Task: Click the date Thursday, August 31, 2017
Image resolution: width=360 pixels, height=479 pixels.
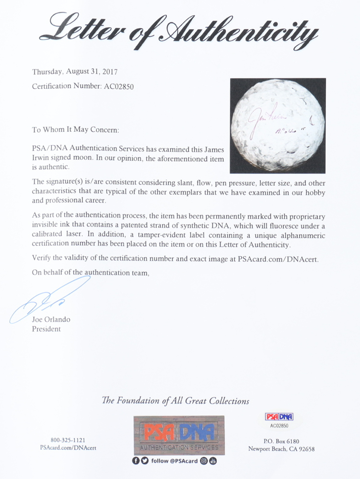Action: pos(74,72)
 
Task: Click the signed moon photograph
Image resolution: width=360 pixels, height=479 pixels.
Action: pos(278,125)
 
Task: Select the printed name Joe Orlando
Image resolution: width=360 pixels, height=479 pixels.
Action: pos(51,319)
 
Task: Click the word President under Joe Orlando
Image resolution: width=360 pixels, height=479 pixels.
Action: pos(46,329)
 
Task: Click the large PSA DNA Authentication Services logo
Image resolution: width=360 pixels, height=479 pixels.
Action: pos(179,435)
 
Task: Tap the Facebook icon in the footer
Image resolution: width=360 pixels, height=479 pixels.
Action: pos(136,461)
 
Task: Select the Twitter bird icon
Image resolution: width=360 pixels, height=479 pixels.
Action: pos(145,461)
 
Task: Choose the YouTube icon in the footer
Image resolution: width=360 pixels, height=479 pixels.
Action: pos(213,461)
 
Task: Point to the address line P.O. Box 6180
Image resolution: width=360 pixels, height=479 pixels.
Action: pos(281,440)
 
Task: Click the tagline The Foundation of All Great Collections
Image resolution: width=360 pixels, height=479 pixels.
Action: pos(175,401)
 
